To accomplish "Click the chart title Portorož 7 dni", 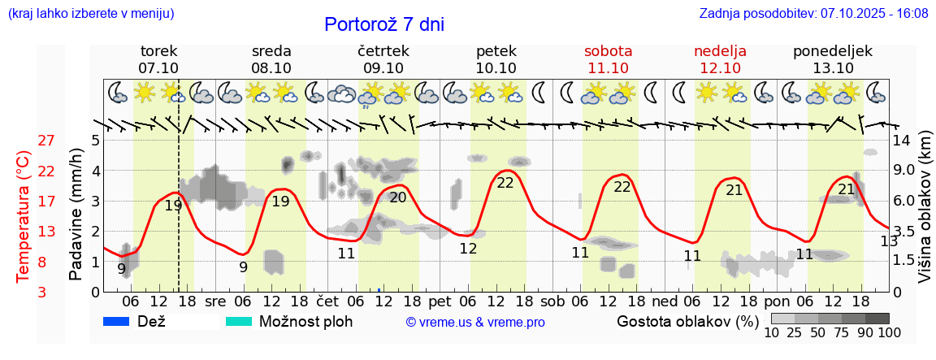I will tap(383, 24).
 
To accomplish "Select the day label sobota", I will tap(608, 51).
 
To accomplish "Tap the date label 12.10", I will tap(721, 68).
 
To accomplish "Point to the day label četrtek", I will tap(383, 51).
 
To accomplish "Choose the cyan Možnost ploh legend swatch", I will tap(240, 321).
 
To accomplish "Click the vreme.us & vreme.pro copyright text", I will tap(475, 322).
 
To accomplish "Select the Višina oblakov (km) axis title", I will tap(925, 207).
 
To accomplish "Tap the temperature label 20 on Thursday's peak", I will tap(397, 197).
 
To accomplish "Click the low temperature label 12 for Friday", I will tap(468, 249).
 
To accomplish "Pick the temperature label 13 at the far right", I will tap(889, 241).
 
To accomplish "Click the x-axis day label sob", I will tap(552, 301).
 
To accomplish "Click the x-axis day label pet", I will tap(440, 301).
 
